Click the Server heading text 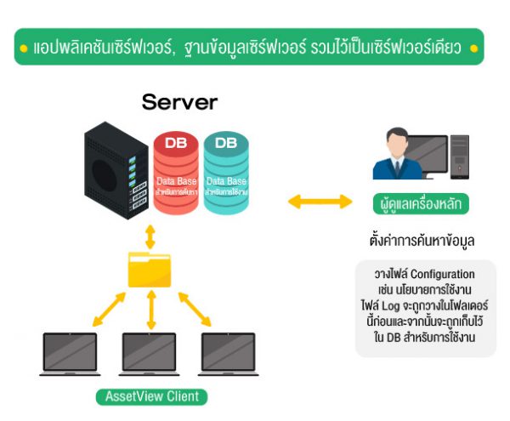(x=180, y=104)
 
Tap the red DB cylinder (x=176, y=170)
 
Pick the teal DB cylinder (x=226, y=170)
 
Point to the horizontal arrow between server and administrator (x=319, y=202)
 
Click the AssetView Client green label (x=151, y=397)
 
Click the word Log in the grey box (x=399, y=304)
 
